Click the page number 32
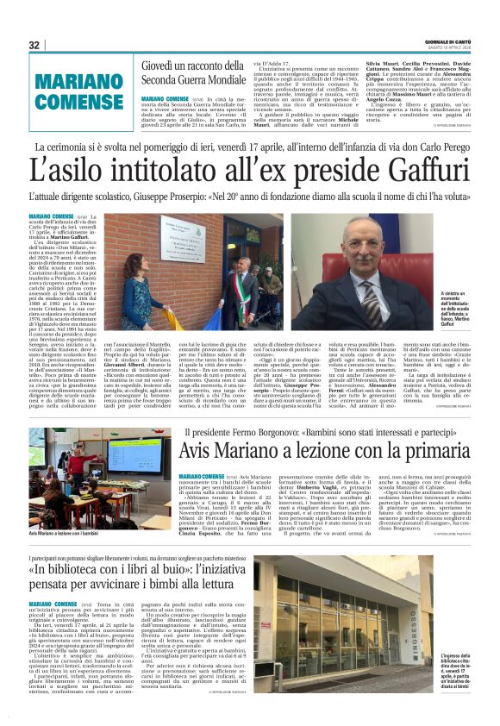coord(34,45)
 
